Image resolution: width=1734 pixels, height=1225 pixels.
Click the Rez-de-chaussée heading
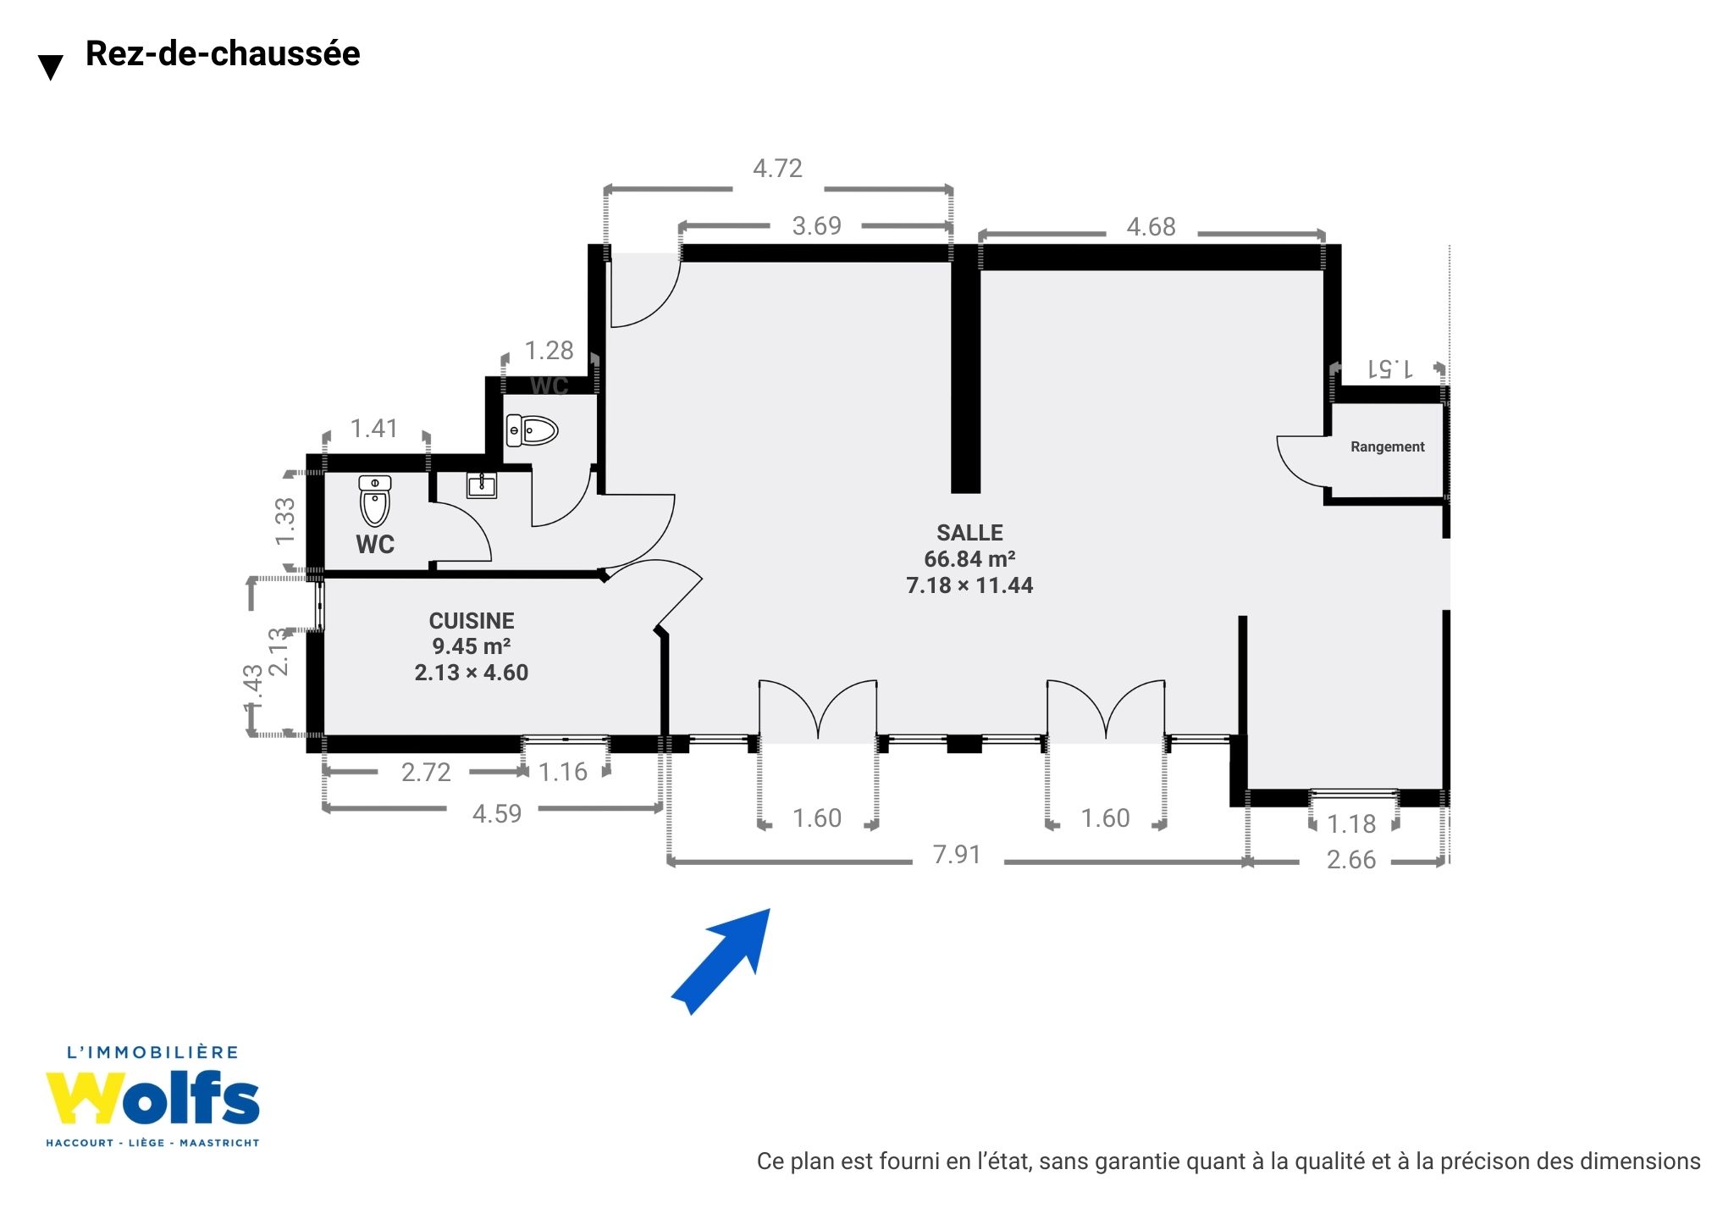click(223, 53)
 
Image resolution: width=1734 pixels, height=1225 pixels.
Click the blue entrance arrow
click(721, 962)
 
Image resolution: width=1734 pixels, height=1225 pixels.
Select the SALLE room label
click(969, 533)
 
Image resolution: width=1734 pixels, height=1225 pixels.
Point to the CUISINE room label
click(472, 621)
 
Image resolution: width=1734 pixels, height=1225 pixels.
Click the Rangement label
click(1387, 446)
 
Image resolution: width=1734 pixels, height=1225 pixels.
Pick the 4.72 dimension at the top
click(777, 169)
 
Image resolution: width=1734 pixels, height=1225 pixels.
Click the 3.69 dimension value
click(816, 226)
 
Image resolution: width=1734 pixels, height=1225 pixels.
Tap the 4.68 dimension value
click(1151, 227)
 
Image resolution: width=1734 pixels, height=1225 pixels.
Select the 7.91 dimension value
click(957, 855)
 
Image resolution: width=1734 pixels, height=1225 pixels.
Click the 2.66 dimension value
click(1351, 860)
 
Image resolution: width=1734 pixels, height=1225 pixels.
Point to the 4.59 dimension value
click(497, 814)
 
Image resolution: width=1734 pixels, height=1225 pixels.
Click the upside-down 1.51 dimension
click(1389, 369)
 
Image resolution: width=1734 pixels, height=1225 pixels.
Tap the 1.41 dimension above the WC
click(374, 429)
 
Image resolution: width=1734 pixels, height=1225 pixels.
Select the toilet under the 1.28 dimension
click(532, 430)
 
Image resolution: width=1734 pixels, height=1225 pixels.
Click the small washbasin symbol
click(482, 485)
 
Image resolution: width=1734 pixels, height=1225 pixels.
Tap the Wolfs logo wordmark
click(152, 1098)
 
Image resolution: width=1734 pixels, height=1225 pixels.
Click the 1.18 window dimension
click(1351, 824)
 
